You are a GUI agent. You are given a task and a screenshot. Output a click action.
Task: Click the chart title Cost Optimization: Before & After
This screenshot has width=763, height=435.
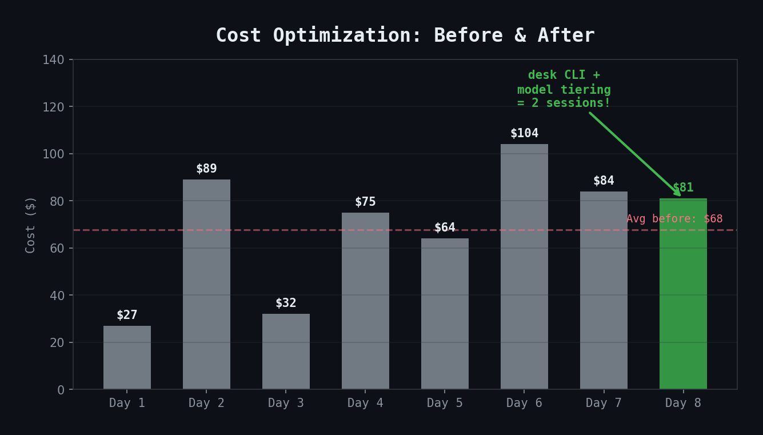[405, 35]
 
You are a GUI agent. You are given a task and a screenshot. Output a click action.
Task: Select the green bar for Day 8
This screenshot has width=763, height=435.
[683, 294]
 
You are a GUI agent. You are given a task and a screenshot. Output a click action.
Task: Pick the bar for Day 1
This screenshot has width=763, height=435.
[127, 357]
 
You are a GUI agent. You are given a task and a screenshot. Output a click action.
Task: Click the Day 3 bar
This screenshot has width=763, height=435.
[286, 351]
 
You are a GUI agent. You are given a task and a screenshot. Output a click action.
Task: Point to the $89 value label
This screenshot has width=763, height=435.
[206, 169]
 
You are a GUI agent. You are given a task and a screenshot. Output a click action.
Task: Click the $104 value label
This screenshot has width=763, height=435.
[524, 133]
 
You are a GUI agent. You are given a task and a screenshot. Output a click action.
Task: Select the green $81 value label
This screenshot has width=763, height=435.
[683, 187]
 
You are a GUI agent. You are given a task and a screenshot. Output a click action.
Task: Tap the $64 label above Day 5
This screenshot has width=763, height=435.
[445, 228]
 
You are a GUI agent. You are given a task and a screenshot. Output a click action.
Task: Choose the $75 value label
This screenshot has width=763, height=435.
[365, 202]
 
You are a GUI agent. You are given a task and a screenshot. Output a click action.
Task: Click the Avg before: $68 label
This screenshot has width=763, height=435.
[674, 219]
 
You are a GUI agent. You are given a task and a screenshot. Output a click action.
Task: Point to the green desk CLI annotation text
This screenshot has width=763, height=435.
[564, 89]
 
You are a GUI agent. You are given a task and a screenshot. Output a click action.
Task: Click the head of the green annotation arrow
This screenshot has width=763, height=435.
[679, 195]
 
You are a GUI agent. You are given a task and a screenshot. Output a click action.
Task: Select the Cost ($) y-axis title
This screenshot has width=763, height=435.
[31, 224]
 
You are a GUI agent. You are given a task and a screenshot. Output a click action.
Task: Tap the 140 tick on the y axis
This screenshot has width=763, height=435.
[53, 60]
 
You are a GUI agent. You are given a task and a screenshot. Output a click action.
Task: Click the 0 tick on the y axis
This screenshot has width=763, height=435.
[61, 390]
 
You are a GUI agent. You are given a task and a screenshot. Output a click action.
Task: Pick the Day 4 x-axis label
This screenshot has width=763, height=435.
[365, 403]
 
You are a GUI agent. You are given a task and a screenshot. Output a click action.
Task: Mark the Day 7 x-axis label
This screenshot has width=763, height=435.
[604, 403]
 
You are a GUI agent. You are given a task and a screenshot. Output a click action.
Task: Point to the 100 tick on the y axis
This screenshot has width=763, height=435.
[53, 154]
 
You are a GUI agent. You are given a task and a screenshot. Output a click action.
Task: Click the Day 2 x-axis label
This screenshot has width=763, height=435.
[206, 403]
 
